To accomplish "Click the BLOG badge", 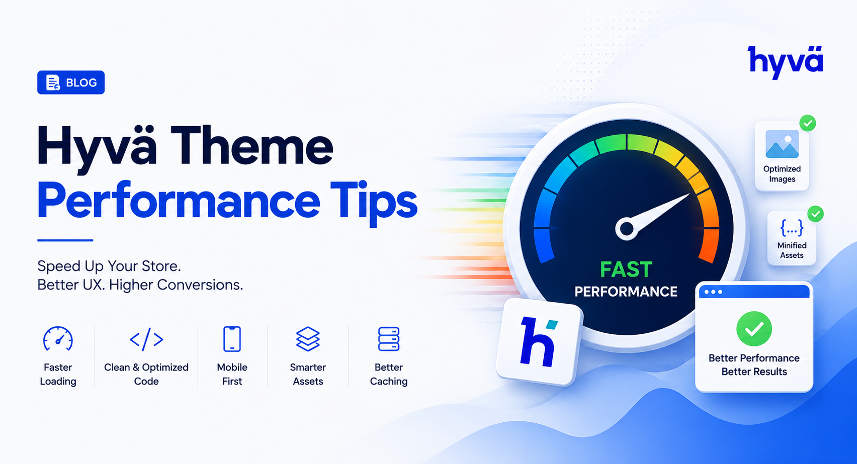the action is pyautogui.click(x=71, y=82).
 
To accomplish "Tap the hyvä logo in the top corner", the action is pyautogui.click(x=786, y=63).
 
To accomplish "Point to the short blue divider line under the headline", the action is pyautogui.click(x=65, y=240).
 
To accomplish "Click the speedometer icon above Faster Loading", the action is pyautogui.click(x=58, y=339).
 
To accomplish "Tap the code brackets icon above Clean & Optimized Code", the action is pyautogui.click(x=146, y=339).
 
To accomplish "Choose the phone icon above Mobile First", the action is pyautogui.click(x=232, y=339).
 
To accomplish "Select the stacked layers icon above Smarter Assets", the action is pyautogui.click(x=308, y=339).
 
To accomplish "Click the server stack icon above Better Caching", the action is pyautogui.click(x=389, y=339).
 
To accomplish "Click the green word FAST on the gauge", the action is pyautogui.click(x=626, y=269).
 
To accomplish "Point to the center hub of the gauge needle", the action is pyautogui.click(x=627, y=229).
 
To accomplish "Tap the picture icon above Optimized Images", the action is pyautogui.click(x=782, y=144).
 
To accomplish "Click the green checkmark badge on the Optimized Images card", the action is pyautogui.click(x=808, y=123).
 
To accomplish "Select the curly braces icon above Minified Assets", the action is pyautogui.click(x=792, y=228).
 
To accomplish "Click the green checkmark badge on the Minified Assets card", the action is pyautogui.click(x=815, y=214).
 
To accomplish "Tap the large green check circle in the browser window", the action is pyautogui.click(x=754, y=329).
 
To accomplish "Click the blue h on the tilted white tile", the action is pyautogui.click(x=538, y=342).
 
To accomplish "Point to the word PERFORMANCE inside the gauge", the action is pyautogui.click(x=626, y=292).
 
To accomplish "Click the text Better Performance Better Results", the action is pyautogui.click(x=754, y=364).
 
